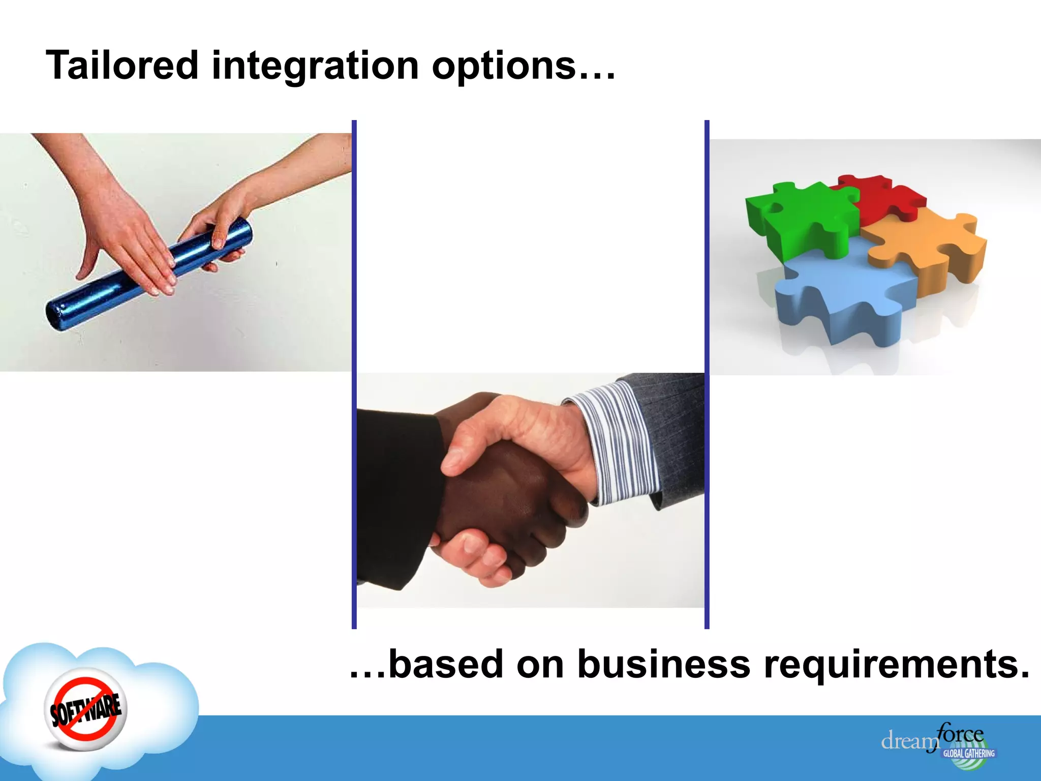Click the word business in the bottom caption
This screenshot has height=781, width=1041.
pyautogui.click(x=663, y=664)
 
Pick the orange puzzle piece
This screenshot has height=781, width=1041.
pyautogui.click(x=925, y=244)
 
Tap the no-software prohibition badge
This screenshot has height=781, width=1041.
pyautogui.click(x=85, y=709)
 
